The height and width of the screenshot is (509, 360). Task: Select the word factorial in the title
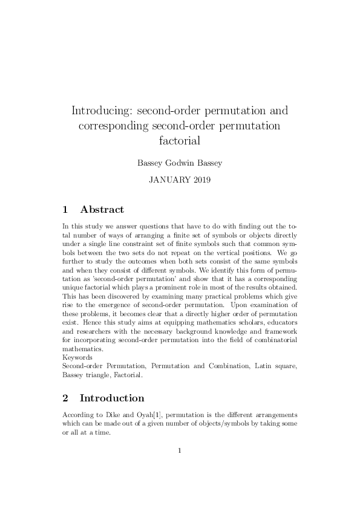[x=180, y=141]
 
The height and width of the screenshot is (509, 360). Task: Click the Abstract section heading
[x=102, y=210]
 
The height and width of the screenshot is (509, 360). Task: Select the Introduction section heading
[x=112, y=398]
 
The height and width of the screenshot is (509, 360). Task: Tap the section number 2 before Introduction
[x=65, y=398]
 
